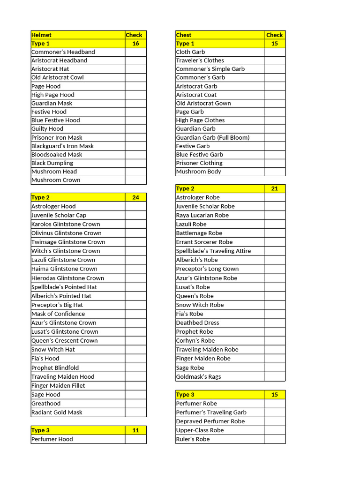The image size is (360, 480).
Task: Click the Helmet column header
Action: point(41,35)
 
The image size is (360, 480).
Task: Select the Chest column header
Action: point(184,35)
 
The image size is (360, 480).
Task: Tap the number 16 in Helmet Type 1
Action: point(135,43)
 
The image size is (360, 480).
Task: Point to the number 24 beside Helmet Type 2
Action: point(135,197)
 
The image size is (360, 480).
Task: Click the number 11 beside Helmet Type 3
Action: point(135,430)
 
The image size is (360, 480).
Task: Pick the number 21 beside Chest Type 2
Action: point(274,188)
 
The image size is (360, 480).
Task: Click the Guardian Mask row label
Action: point(52,103)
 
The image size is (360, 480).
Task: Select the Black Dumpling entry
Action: point(52,163)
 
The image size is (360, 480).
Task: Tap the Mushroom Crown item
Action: point(55,180)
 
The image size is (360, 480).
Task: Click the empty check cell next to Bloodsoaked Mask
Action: point(135,154)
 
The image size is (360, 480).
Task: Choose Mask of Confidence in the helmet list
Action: point(58,314)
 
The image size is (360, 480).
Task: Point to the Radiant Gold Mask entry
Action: point(57,412)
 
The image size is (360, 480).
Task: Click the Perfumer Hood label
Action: point(52,439)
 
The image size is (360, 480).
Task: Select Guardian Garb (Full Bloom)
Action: point(213,137)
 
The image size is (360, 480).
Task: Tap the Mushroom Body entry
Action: point(198,172)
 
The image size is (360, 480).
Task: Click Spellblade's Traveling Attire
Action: point(213,251)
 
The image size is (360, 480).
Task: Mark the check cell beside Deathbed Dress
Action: point(274,322)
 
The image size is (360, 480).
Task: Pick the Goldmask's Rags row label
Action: point(198,376)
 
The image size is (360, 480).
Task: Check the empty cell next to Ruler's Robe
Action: point(274,439)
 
